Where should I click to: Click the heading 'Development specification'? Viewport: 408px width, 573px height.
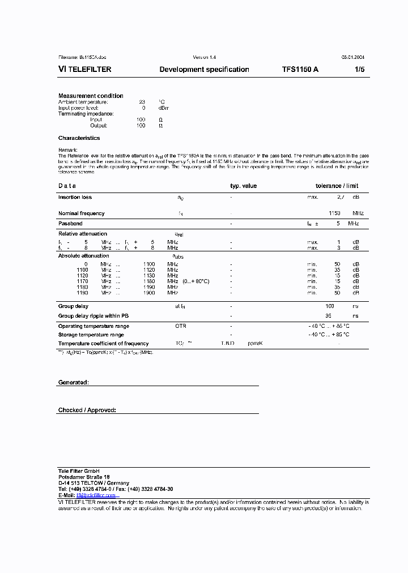[204, 70]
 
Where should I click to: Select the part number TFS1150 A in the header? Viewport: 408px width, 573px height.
[300, 70]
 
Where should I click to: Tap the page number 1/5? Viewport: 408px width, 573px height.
[360, 70]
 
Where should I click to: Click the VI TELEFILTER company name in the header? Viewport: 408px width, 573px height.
[85, 70]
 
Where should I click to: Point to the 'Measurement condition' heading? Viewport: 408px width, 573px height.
[91, 96]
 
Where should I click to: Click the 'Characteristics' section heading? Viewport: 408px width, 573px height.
[79, 138]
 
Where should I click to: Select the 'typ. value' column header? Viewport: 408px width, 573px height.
[243, 186]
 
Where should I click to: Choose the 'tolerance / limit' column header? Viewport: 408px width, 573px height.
[337, 186]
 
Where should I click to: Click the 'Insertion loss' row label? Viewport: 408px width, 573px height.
[75, 198]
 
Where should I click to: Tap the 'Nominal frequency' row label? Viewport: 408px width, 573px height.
[81, 213]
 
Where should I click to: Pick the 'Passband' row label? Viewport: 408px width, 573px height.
[70, 224]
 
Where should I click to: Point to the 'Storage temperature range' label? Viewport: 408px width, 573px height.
[91, 335]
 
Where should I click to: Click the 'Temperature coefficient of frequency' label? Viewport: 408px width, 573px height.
[103, 344]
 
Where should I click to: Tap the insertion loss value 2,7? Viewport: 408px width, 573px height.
[340, 198]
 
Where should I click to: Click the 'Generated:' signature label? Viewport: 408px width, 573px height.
[73, 383]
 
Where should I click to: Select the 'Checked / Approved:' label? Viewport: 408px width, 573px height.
[87, 410]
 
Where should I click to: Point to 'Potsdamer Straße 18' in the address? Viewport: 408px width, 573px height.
[84, 477]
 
